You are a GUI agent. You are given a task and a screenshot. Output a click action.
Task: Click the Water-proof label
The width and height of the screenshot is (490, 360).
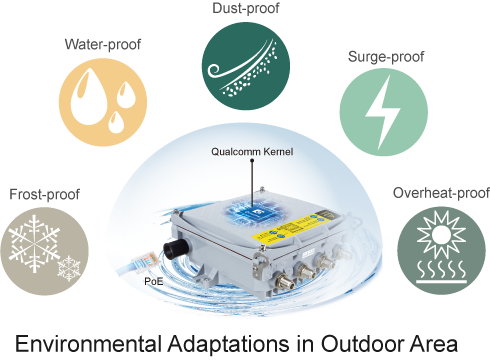103,44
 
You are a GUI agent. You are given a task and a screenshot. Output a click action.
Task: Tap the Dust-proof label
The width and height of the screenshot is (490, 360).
246,8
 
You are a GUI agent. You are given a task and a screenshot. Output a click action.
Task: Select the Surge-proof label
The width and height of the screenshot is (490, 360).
386,57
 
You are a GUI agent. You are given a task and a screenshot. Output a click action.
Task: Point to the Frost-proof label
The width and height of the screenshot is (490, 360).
44,194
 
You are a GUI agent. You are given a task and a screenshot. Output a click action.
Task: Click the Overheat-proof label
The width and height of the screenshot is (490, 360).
441,193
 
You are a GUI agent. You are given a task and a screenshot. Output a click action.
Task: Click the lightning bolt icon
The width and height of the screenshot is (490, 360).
383,112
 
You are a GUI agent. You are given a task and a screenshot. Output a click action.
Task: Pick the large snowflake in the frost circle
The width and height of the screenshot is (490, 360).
34,243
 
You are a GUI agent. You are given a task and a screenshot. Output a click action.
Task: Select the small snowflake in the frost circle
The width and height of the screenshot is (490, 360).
69,268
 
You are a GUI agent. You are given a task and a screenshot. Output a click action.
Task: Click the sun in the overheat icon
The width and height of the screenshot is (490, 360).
441,235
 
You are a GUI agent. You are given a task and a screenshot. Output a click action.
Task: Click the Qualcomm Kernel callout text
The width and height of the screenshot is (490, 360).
252,152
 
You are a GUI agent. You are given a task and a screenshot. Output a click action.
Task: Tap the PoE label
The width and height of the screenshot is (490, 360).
154,282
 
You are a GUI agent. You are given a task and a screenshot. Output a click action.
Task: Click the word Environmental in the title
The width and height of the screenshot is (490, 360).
86,344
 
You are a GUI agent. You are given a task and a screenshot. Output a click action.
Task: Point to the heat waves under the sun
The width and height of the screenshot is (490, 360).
441,271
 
